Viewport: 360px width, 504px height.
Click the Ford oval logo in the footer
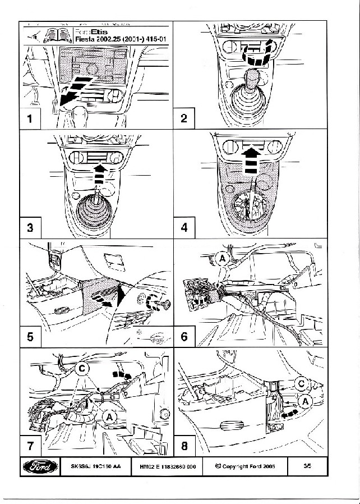coord(40,467)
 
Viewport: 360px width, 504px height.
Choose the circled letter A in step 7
coord(110,416)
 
